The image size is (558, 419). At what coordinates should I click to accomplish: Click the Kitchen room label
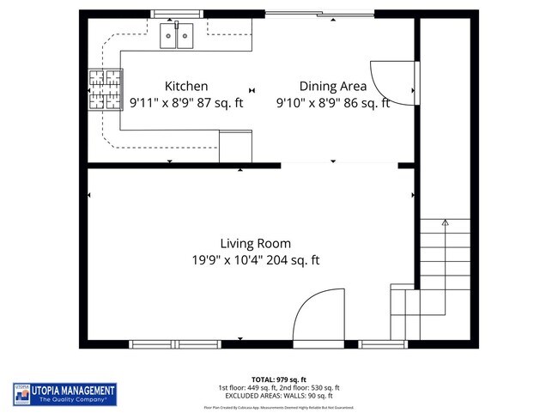click(185, 86)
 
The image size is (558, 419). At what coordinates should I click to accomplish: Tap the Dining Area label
click(332, 86)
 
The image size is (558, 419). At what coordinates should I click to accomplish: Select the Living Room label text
click(255, 243)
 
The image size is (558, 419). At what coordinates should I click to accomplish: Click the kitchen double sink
click(178, 35)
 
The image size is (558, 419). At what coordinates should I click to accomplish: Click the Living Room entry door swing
click(318, 315)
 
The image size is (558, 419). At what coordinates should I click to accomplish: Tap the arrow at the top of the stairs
click(445, 224)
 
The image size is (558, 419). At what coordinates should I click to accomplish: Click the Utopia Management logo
click(64, 394)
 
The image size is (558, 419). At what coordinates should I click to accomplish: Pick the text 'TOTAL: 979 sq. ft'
click(279, 380)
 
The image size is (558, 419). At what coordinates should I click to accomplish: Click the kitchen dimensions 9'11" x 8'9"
click(186, 103)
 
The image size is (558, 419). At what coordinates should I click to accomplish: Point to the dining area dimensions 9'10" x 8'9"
click(332, 103)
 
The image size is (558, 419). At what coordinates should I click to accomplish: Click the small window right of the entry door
click(383, 344)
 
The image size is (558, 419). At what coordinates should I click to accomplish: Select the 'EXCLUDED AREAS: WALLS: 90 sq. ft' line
click(279, 396)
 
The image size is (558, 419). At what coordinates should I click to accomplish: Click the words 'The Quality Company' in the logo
click(73, 399)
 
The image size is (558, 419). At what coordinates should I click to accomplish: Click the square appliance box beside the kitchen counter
click(235, 146)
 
